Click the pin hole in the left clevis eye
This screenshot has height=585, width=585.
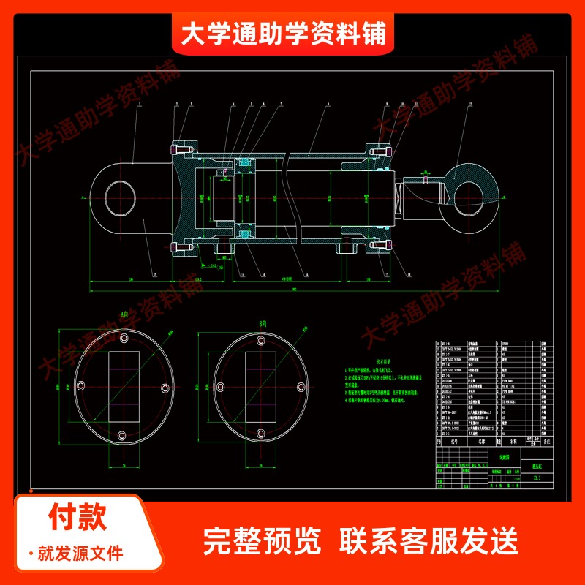(121, 197)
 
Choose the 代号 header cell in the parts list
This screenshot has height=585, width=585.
(454, 442)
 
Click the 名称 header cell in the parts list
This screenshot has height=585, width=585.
(481, 442)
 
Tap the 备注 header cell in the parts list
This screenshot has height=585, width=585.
(546, 442)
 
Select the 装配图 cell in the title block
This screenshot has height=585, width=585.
(505, 453)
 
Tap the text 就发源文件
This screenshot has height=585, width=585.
(80, 553)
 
